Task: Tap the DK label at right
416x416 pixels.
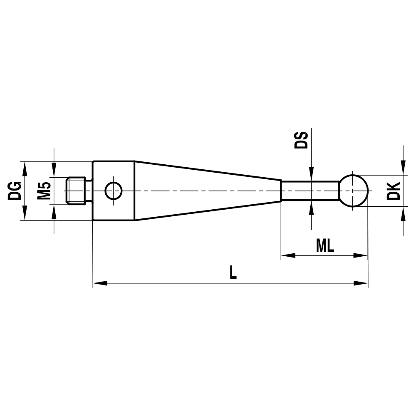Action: point(393,191)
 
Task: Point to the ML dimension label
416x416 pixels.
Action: point(324,246)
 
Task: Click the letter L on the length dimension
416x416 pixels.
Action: point(233,272)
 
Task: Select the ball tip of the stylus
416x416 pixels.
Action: point(354,191)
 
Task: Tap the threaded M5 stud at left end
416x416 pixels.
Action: point(77,191)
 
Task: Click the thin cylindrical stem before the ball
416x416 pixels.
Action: point(310,191)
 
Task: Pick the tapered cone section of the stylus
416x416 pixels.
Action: point(208,191)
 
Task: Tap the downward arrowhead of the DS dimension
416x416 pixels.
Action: point(311,174)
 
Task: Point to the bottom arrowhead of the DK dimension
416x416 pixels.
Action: point(403,213)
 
